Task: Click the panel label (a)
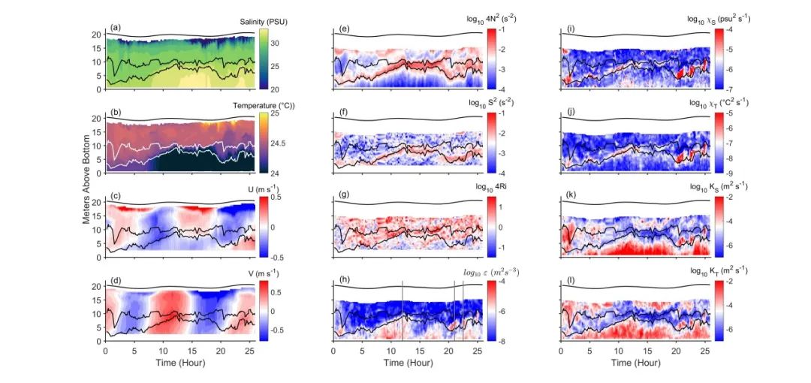click(x=115, y=28)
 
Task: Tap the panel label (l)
click(x=570, y=280)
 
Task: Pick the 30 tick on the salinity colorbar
click(x=275, y=44)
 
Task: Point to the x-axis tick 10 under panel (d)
click(x=163, y=351)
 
